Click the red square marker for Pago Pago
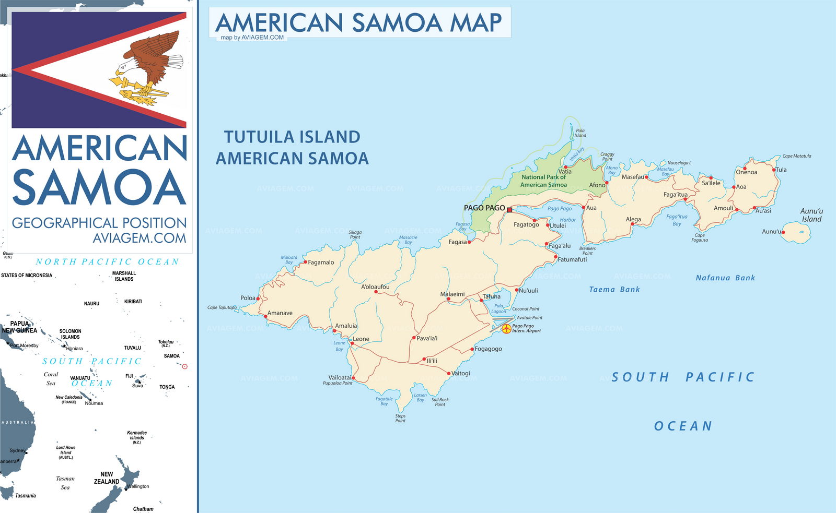point(509,210)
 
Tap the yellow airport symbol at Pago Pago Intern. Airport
point(506,329)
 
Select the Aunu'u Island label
point(811,215)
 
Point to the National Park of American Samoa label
point(543,181)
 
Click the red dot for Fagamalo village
point(306,262)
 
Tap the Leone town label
point(361,339)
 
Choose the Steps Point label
point(400,418)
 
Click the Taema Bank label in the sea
point(614,289)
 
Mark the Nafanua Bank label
point(725,278)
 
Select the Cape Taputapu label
point(222,307)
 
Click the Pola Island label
point(580,133)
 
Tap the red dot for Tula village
point(774,170)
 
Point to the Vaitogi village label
point(461,373)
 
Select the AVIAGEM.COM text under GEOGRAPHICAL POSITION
point(139,238)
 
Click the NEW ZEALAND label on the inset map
point(107,478)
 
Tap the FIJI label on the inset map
point(129,376)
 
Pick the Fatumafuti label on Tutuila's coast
point(572,259)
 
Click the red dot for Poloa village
point(258,299)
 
